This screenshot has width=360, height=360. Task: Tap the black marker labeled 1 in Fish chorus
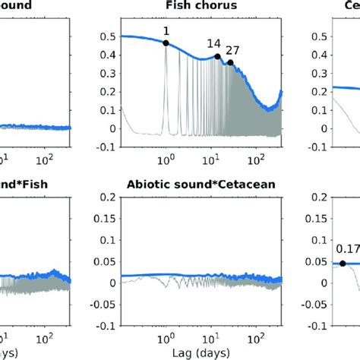point(166,43)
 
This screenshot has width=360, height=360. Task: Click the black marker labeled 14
point(217,56)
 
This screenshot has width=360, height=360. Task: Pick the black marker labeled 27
point(230,63)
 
